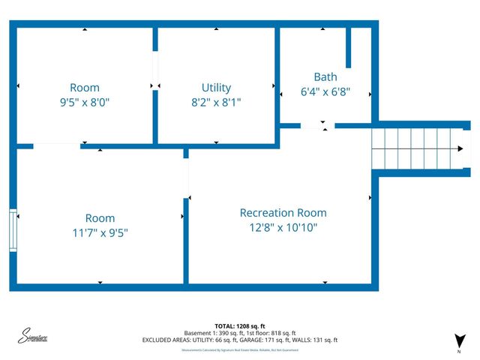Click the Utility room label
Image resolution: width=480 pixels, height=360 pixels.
point(216,88)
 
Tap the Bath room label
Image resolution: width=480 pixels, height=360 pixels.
point(325,76)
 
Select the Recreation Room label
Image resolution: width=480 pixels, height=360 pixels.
point(283,213)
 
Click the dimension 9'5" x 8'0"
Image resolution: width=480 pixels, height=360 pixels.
point(84,101)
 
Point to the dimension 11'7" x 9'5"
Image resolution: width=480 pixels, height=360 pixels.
point(100,232)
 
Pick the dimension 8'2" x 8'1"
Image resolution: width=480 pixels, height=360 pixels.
point(216,101)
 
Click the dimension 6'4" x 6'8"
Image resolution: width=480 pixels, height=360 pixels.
point(325,93)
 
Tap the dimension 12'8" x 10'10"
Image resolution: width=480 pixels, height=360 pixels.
point(283,227)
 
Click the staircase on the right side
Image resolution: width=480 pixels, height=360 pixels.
point(416,148)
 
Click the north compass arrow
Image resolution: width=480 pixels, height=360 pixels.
point(459,340)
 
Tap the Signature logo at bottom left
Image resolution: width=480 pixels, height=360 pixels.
point(34,335)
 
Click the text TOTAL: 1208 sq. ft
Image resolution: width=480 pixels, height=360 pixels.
point(240,325)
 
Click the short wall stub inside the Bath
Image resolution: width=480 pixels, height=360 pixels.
point(349,49)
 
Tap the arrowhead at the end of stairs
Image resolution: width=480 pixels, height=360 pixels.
point(459,148)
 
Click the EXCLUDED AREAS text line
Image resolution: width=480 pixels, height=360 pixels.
point(240,340)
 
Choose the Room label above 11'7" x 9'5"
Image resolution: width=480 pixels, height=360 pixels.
point(100,218)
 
